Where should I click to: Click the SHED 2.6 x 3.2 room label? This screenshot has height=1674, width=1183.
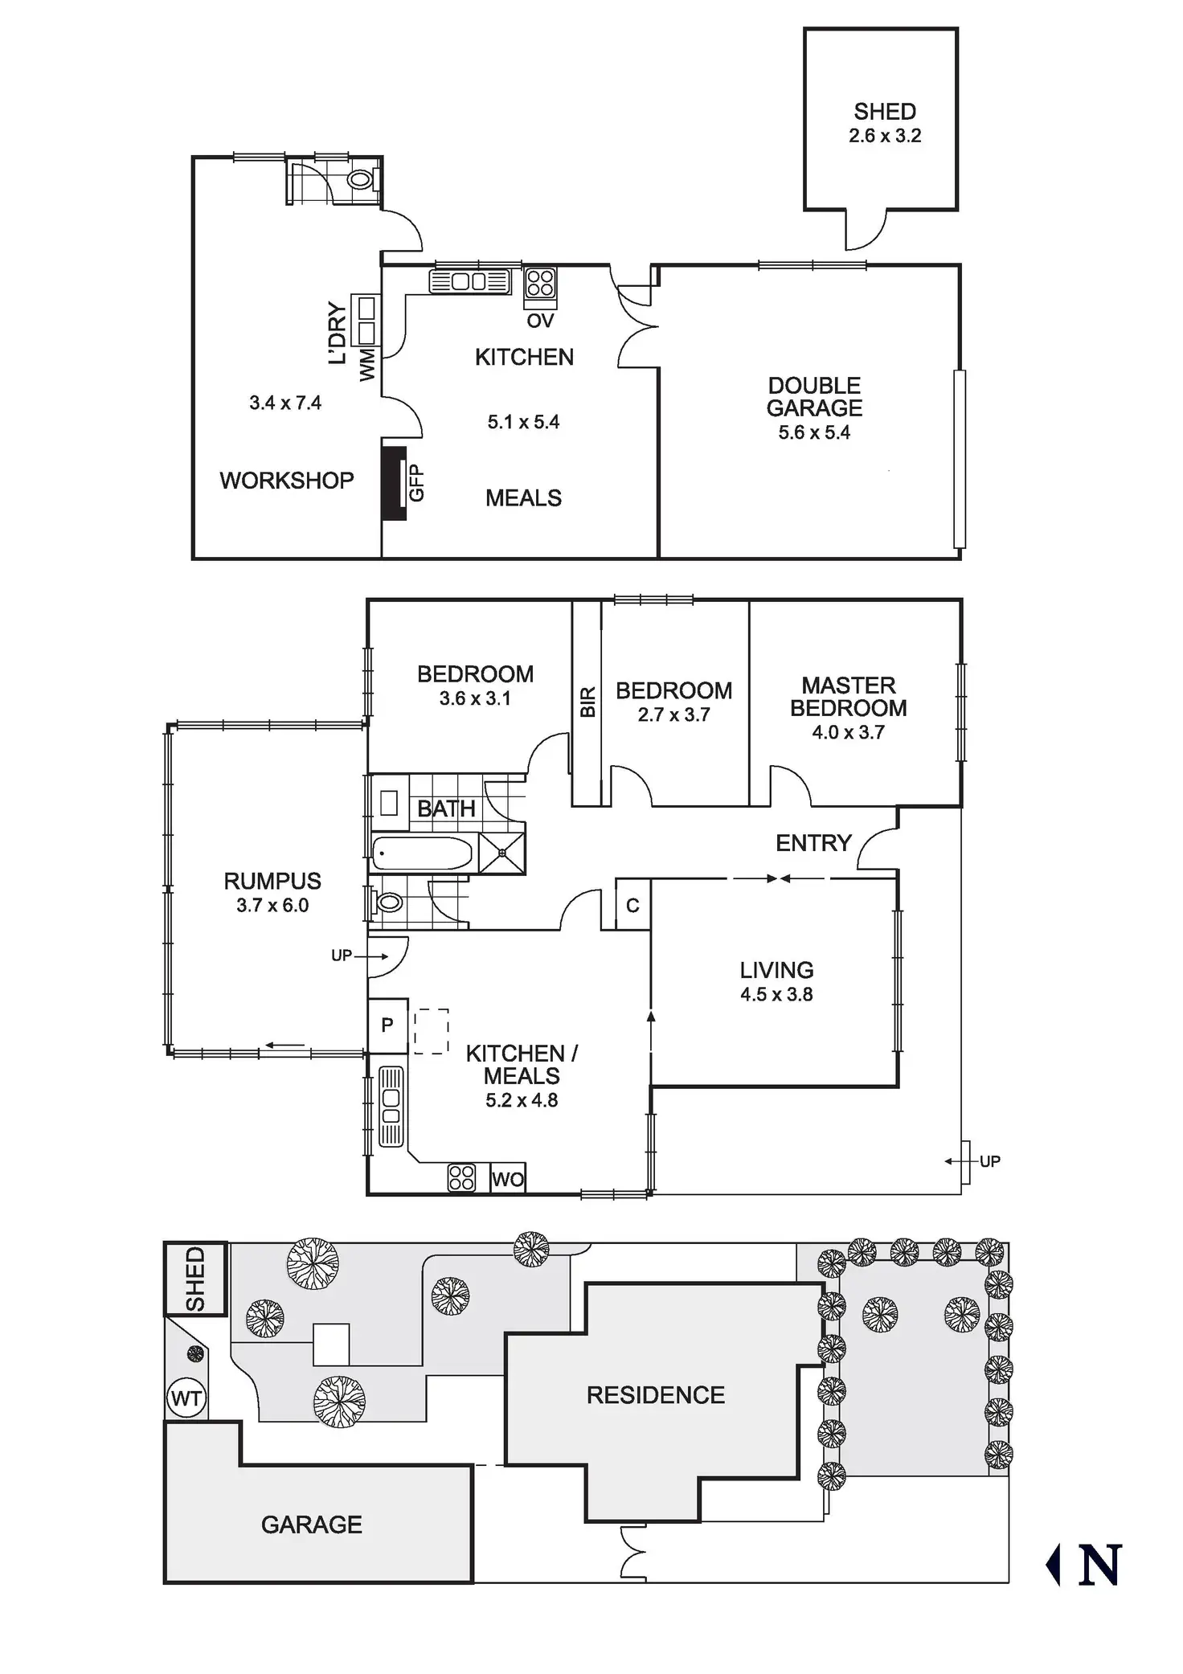(884, 123)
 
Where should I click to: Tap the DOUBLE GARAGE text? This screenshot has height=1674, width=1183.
(814, 397)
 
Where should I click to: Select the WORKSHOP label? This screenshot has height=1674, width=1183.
(286, 481)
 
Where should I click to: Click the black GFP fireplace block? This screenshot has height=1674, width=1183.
(394, 483)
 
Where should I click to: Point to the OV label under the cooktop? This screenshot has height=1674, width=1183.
(540, 321)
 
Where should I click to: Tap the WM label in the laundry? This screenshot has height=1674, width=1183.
(367, 364)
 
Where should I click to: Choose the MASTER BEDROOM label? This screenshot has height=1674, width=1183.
(848, 697)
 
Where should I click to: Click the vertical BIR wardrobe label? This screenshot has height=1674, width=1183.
(587, 702)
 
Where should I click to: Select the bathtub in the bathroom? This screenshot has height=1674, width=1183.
(422, 853)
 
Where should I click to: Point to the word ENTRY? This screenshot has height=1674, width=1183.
(813, 843)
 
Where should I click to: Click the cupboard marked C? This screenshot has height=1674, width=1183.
(632, 906)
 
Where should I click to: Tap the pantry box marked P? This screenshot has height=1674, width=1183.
(387, 1025)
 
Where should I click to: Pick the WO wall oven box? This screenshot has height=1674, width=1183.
(508, 1180)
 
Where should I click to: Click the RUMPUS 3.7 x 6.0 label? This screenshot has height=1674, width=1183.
(272, 892)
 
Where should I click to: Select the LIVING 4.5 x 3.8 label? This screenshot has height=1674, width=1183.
(776, 981)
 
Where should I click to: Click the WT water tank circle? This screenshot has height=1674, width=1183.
(186, 1399)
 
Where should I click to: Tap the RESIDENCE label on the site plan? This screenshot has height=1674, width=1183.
(655, 1395)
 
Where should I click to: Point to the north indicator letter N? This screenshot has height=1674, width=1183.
(1099, 1565)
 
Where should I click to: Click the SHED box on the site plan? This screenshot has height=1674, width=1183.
(196, 1279)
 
